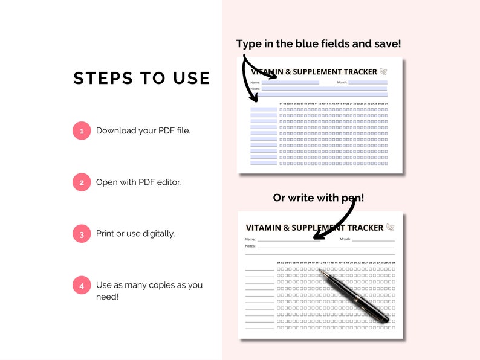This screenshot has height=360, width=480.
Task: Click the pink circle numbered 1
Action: pyautogui.click(x=82, y=130)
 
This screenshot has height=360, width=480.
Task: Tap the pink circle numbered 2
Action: pyautogui.click(x=82, y=182)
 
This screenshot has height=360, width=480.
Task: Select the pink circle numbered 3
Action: pyautogui.click(x=82, y=233)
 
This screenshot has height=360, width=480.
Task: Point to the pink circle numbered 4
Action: pyautogui.click(x=82, y=285)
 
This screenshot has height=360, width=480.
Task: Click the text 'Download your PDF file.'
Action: pyautogui.click(x=143, y=130)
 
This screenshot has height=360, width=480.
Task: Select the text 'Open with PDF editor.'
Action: pyautogui.click(x=138, y=182)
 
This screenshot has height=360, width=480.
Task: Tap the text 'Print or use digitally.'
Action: pyautogui.click(x=135, y=233)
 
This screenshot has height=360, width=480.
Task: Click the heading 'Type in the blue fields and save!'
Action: pyautogui.click(x=319, y=43)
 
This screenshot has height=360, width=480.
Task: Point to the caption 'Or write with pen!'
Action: pyautogui.click(x=319, y=198)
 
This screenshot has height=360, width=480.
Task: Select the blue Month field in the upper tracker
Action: pyautogui.click(x=368, y=82)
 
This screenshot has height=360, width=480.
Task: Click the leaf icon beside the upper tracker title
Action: pyautogui.click(x=383, y=72)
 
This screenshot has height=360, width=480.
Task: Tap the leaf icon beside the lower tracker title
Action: pyautogui.click(x=391, y=227)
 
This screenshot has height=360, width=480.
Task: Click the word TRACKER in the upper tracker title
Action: pyautogui.click(x=358, y=72)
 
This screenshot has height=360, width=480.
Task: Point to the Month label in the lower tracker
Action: pyautogui.click(x=345, y=239)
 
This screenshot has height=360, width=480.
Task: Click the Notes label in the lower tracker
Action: pyautogui.click(x=250, y=246)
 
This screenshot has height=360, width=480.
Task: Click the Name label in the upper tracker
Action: pyautogui.click(x=255, y=82)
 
